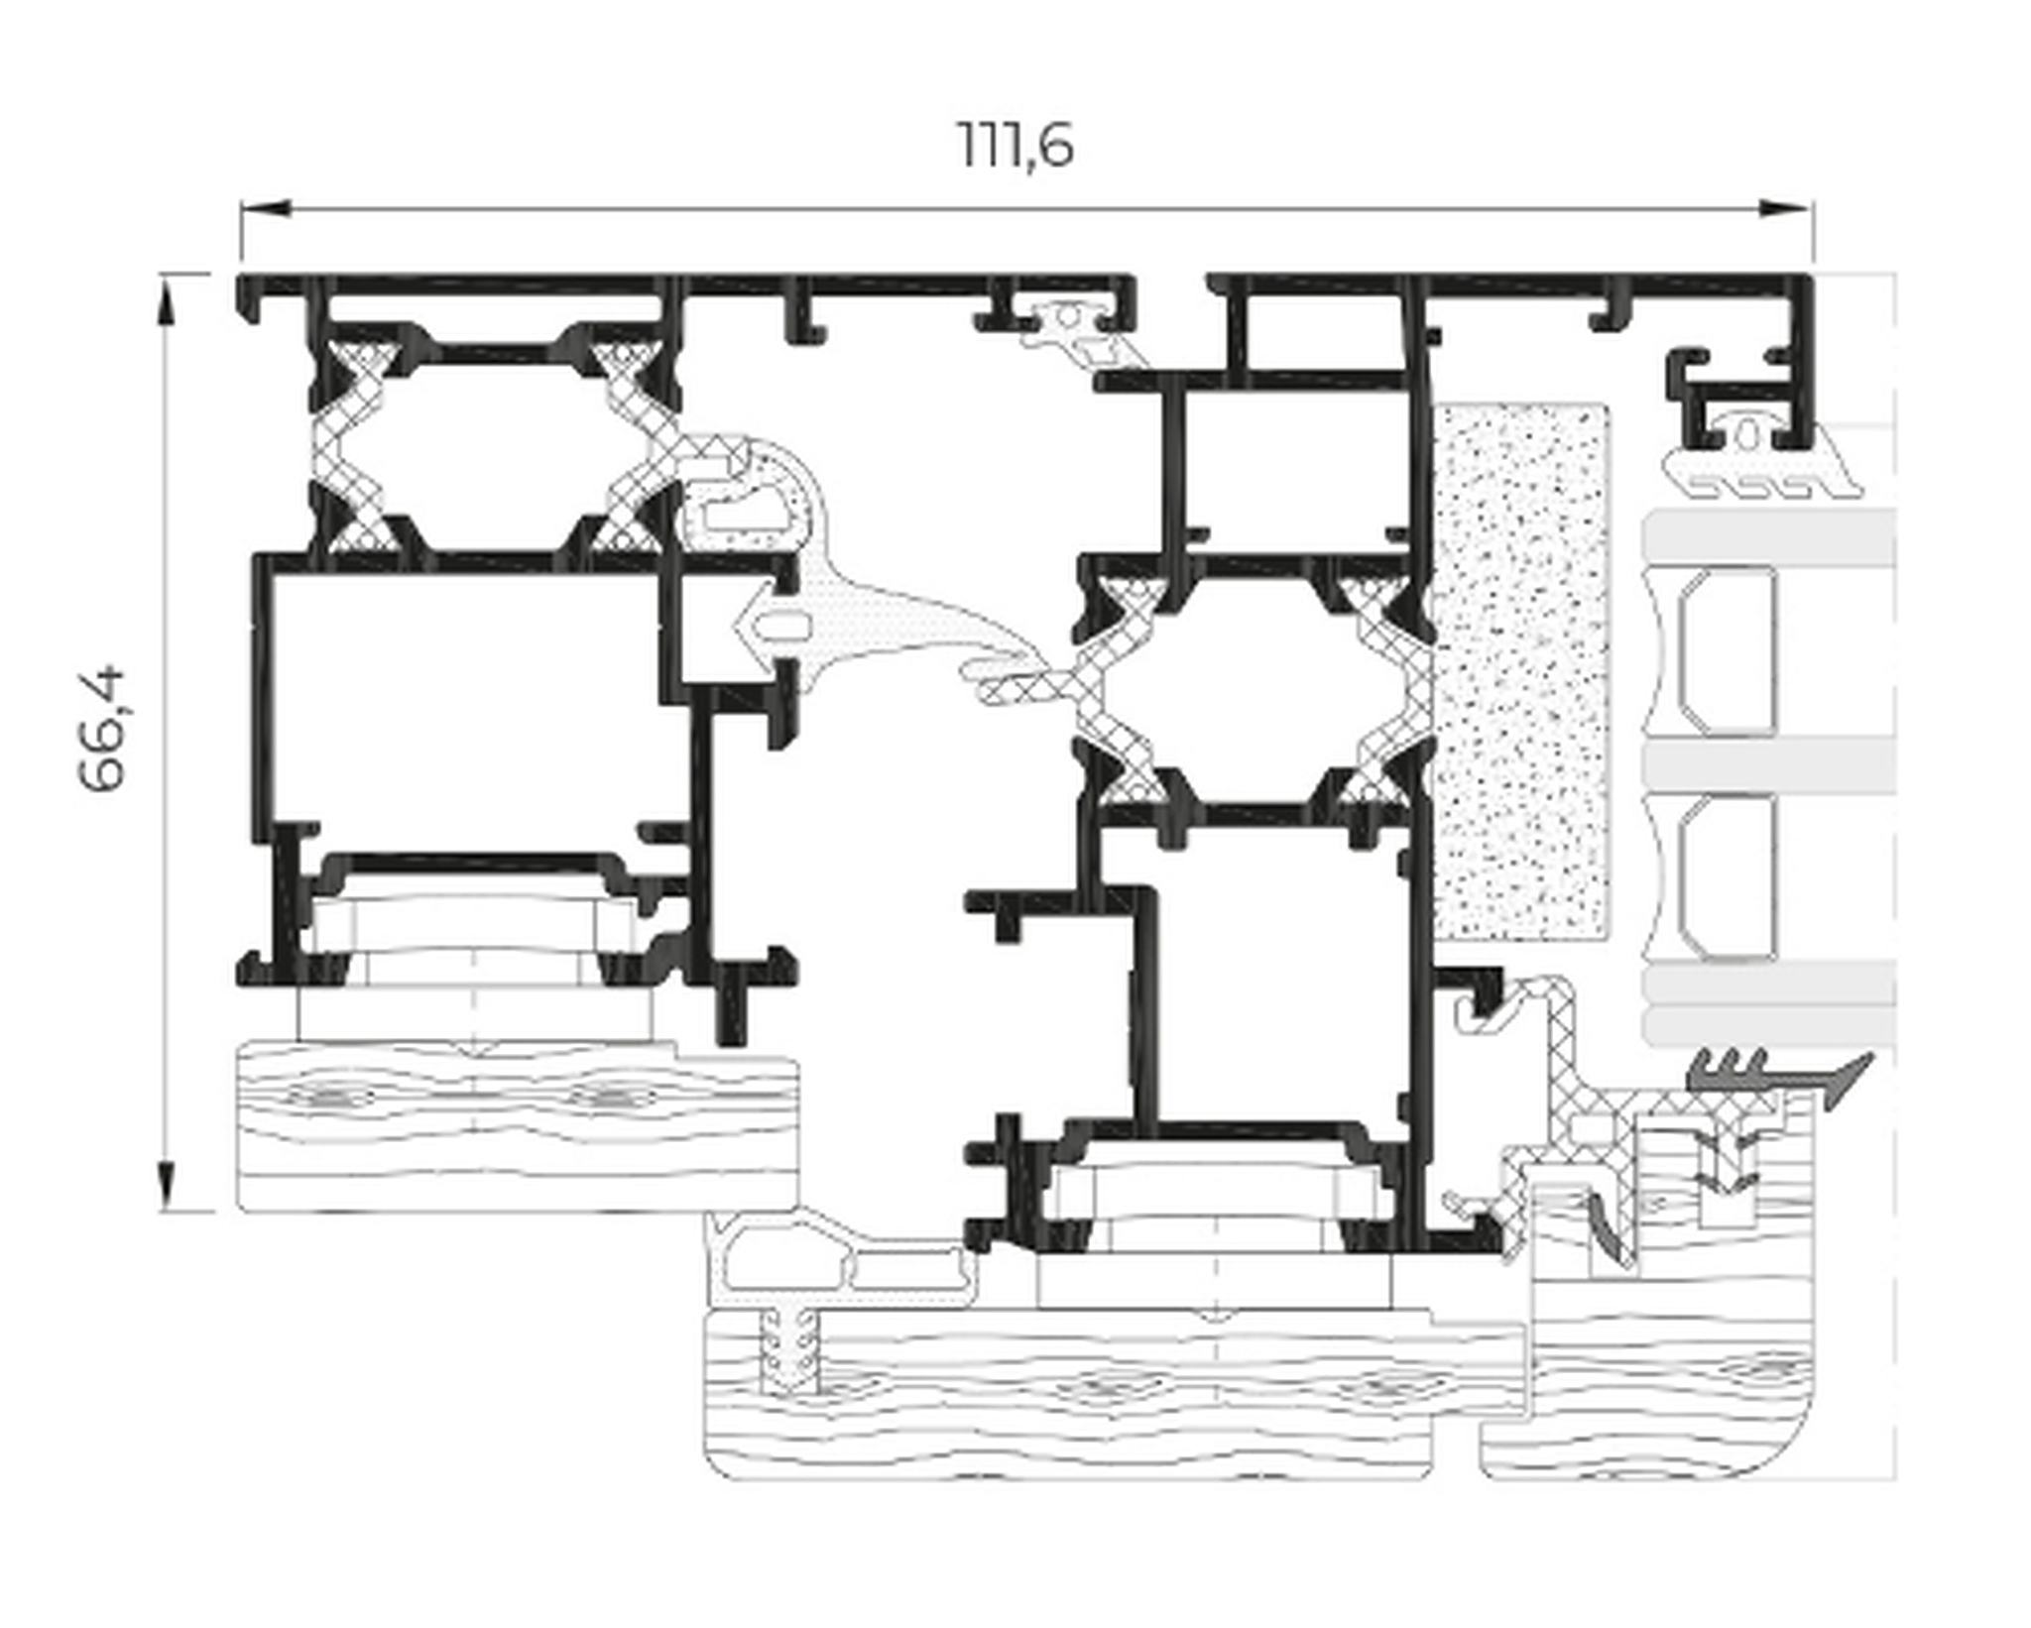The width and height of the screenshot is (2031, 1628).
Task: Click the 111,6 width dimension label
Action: (x=1015, y=147)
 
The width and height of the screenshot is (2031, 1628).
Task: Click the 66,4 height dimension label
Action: (x=104, y=729)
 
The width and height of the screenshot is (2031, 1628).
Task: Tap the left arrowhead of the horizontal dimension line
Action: (x=265, y=208)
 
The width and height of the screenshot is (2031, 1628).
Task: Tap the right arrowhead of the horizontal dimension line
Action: (x=1785, y=208)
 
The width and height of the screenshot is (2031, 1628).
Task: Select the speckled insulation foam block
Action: (x=1521, y=671)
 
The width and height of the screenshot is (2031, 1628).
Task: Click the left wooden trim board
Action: (x=518, y=1125)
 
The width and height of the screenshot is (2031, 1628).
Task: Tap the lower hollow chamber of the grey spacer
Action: (x=1727, y=877)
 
